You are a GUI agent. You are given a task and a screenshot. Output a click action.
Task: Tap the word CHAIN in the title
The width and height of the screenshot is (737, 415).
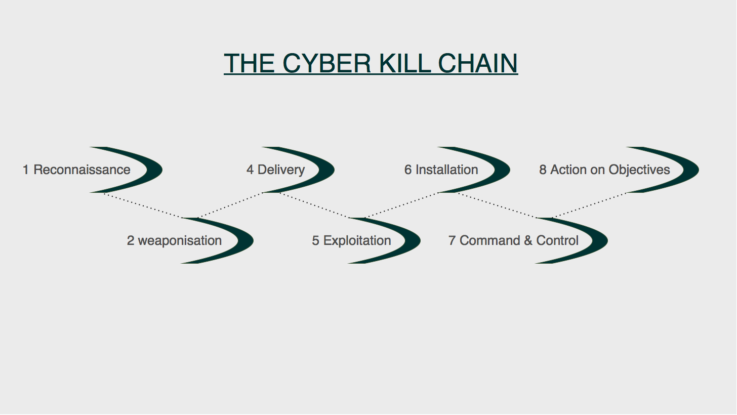click(x=477, y=63)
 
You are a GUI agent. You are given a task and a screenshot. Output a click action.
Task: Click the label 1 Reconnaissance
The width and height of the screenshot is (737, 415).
click(x=76, y=170)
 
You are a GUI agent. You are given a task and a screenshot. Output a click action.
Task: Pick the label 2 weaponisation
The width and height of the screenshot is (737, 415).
click(x=174, y=240)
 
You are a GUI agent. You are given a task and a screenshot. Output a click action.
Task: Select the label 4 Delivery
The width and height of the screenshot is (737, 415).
click(x=275, y=170)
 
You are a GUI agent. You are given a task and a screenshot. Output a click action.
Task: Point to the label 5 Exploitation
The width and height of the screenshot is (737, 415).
click(x=351, y=240)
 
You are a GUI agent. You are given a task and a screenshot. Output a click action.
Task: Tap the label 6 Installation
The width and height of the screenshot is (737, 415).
click(x=441, y=170)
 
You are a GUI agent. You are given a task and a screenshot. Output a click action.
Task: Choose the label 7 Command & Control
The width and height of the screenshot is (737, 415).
click(x=513, y=240)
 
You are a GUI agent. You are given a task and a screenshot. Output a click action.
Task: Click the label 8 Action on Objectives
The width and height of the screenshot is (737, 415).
click(x=604, y=170)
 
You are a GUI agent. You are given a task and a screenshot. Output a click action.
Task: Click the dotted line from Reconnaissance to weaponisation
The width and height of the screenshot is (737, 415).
click(x=143, y=205)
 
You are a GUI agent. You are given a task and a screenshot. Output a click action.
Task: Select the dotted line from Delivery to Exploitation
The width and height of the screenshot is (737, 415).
click(x=314, y=205)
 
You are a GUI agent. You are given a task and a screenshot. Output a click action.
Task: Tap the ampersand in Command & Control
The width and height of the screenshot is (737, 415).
click(x=528, y=240)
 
